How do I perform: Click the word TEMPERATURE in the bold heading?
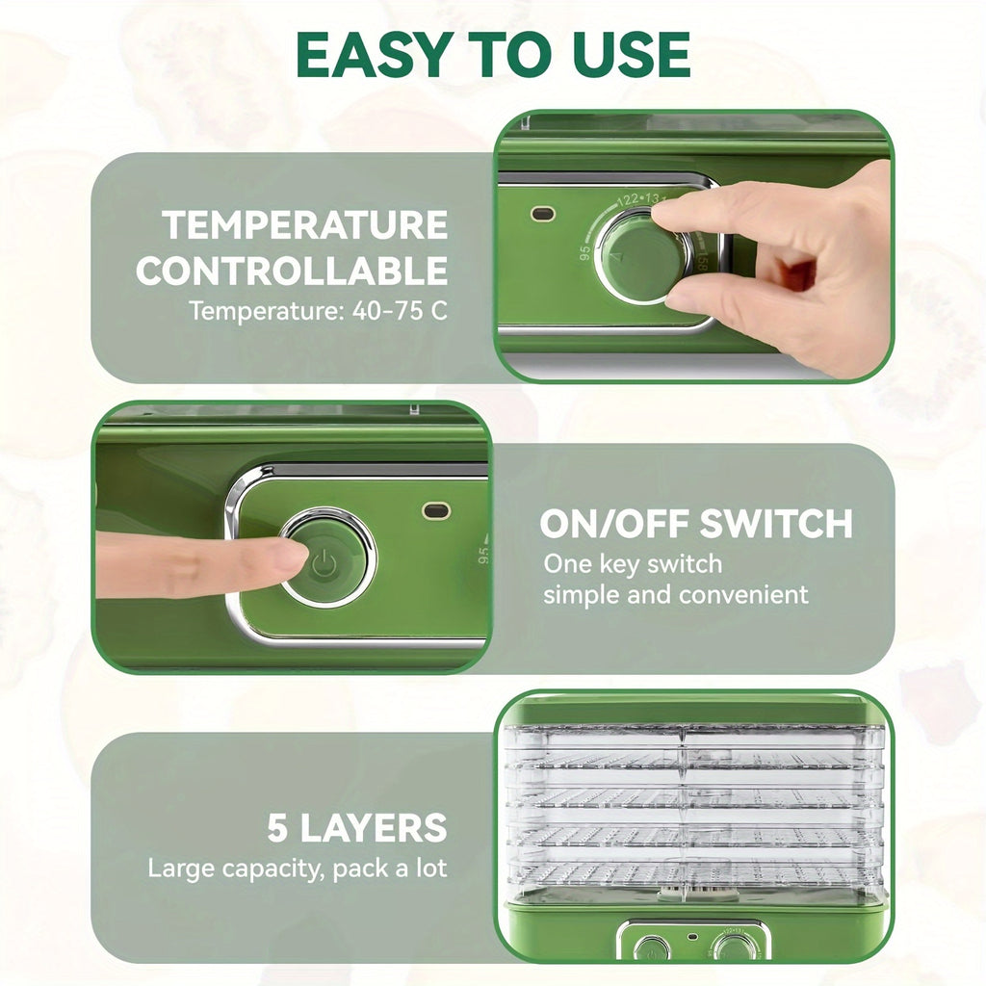[305, 225]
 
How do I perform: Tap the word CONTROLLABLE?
[292, 271]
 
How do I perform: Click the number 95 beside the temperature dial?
[584, 253]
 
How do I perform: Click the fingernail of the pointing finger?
[287, 556]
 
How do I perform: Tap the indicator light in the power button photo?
[435, 510]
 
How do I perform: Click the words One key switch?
[633, 563]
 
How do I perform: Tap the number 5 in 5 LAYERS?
[278, 828]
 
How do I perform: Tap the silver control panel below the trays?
[693, 942]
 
